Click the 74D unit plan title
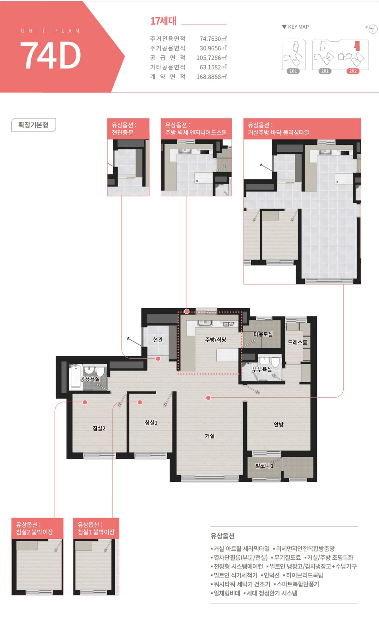point(51,56)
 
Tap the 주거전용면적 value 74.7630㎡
point(213,39)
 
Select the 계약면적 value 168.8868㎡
point(212,77)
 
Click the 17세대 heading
point(163,21)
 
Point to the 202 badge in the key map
point(353,71)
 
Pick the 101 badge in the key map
point(293,71)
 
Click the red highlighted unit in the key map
point(357,46)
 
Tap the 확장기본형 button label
point(33,125)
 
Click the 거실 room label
point(210,436)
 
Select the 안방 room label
point(279,425)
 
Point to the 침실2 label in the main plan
point(99,428)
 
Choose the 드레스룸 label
point(297,343)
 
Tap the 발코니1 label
point(264,466)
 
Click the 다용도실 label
point(263,334)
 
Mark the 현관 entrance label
point(158,340)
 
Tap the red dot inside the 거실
point(208,398)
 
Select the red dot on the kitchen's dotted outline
point(187,312)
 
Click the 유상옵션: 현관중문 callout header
point(128,129)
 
